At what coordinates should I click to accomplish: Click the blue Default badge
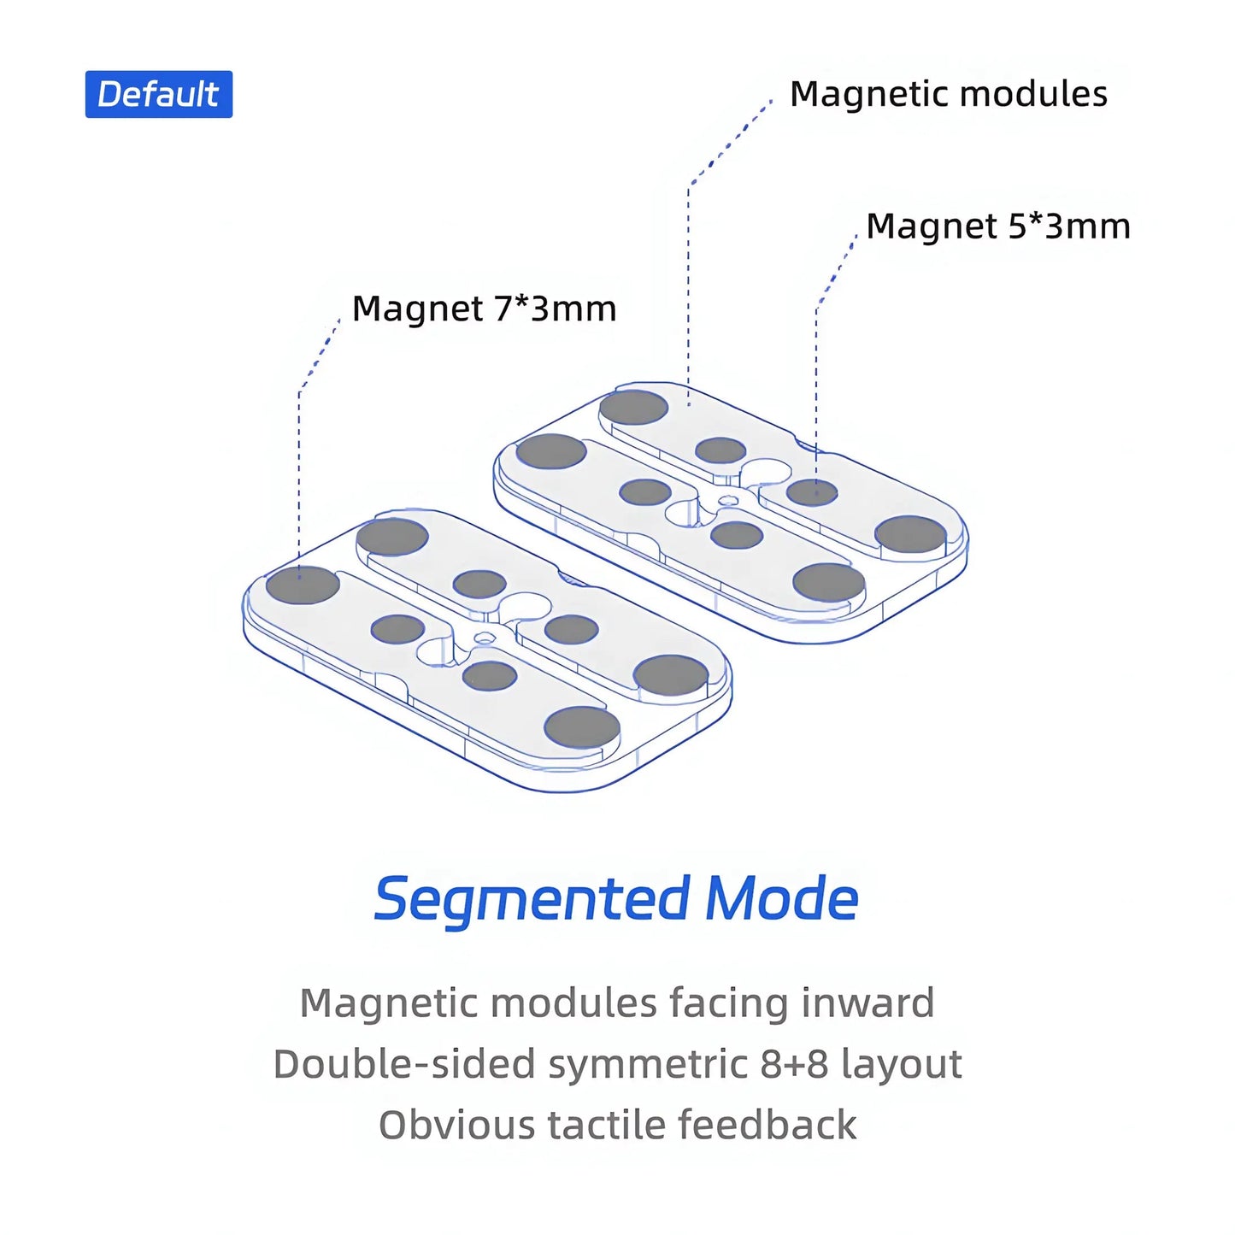pyautogui.click(x=158, y=94)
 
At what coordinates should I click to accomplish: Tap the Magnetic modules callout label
pyautogui.click(x=948, y=94)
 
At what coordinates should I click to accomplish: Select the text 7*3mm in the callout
pyautogui.click(x=555, y=309)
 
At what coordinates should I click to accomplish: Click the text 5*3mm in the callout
pyautogui.click(x=1069, y=226)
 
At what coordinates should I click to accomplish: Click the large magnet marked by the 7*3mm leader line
pyautogui.click(x=303, y=585)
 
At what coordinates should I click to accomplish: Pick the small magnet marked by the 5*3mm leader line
pyautogui.click(x=812, y=492)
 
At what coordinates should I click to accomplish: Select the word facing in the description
pyautogui.click(x=729, y=1003)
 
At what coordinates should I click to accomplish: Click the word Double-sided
pyautogui.click(x=404, y=1064)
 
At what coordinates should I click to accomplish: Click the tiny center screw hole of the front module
pyautogui.click(x=485, y=637)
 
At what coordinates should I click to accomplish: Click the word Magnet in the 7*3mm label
pyautogui.click(x=417, y=309)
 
